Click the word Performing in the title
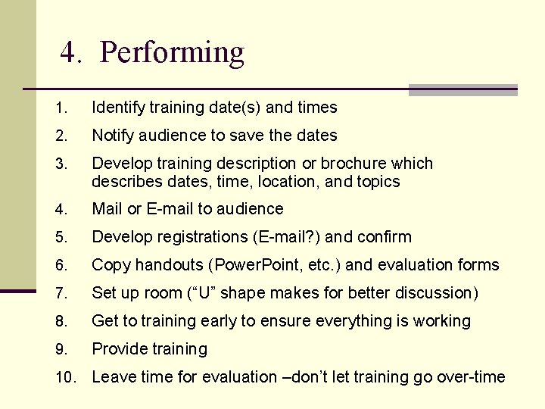(x=172, y=53)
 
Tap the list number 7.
(x=61, y=293)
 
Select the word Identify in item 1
(x=117, y=108)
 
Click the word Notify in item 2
(x=111, y=136)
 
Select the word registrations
(x=199, y=237)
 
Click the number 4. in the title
(x=72, y=53)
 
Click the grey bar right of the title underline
(x=462, y=90)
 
